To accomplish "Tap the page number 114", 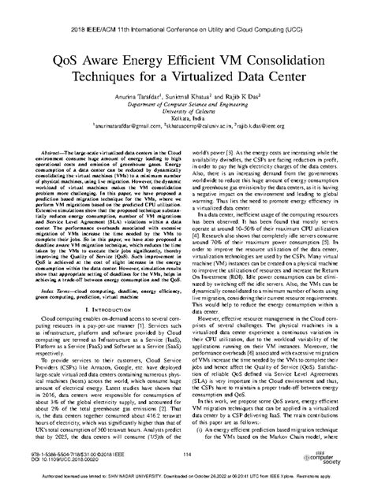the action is tap(186, 453).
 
